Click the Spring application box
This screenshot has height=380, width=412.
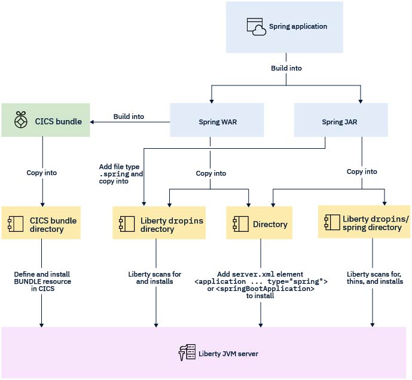click(285, 27)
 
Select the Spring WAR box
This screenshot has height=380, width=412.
click(209, 122)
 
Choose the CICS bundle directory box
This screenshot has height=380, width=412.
click(41, 223)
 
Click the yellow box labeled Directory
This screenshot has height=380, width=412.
click(259, 223)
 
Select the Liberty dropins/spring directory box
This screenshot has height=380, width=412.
click(364, 222)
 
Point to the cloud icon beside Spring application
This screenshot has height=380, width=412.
click(256, 27)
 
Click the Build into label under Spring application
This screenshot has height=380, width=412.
click(286, 68)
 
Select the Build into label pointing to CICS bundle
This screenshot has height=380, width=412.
click(129, 117)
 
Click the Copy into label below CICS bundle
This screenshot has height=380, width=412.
click(42, 173)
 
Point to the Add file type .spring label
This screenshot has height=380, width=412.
click(121, 173)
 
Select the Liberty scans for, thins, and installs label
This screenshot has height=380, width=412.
click(374, 278)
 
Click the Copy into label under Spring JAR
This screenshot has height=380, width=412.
click(362, 171)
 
